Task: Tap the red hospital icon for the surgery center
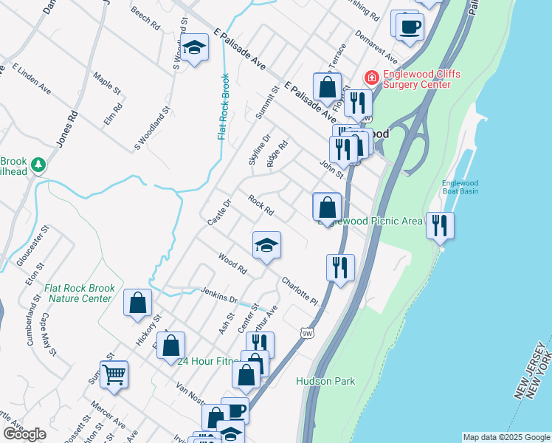(370, 76)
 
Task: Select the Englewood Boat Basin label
(460, 188)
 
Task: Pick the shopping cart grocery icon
(114, 375)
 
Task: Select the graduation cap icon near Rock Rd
(266, 246)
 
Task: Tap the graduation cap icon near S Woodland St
(194, 48)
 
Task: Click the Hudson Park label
(325, 381)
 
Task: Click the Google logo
(24, 434)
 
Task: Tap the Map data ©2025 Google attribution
(506, 437)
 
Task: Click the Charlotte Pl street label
(299, 292)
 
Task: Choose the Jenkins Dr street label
(218, 295)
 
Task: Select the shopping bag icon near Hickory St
(137, 303)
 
